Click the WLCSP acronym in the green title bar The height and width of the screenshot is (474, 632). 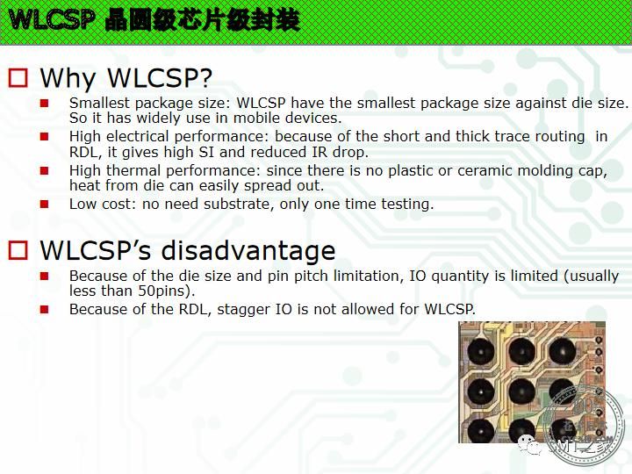coord(52,19)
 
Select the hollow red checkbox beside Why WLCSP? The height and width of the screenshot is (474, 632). coord(18,78)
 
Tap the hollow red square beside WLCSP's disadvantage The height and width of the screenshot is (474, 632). coord(18,250)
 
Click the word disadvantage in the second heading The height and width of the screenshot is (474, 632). coord(248,250)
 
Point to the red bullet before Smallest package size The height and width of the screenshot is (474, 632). coord(45,104)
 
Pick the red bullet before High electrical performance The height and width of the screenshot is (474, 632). coord(45,137)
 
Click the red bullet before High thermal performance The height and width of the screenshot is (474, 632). coord(45,171)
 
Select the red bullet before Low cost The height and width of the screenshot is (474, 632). coord(45,205)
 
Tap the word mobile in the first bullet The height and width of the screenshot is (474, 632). coord(257,118)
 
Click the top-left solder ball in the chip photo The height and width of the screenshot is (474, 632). coord(480,351)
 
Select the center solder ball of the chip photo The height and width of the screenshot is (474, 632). coord(521,391)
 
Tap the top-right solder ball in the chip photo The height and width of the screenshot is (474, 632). coord(562,351)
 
